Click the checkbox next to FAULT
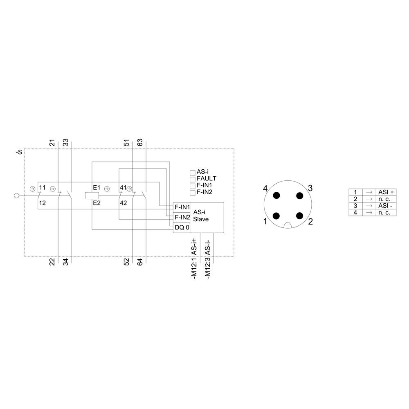coord(193,179)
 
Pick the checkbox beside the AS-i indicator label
coord(193,173)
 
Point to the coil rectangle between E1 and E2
coord(90,196)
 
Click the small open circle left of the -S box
coord(17,196)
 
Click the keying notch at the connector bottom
coord(288,225)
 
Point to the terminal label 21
coord(52,143)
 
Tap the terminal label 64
coord(140,262)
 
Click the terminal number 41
coord(123,188)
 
